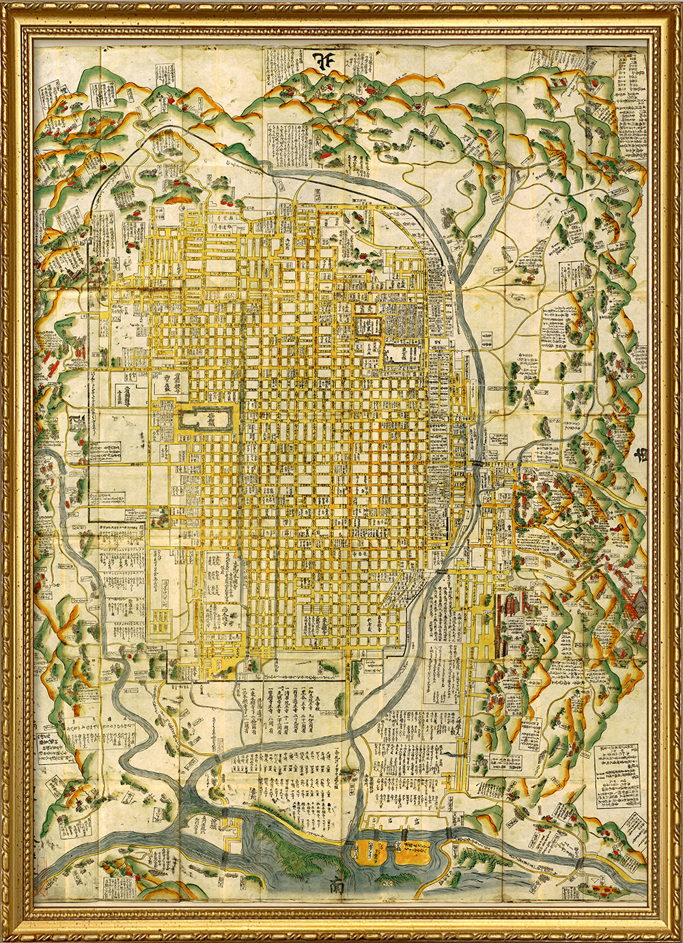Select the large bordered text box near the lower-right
point(617,776)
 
